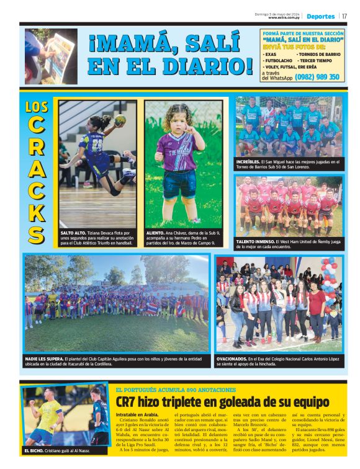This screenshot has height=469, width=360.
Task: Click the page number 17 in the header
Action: click(344, 16)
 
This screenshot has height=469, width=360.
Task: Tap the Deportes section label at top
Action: click(320, 16)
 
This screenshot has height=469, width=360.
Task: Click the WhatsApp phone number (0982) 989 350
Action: click(317, 77)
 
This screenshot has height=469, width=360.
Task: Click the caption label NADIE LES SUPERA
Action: click(43, 359)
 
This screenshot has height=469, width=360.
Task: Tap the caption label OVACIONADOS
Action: click(231, 359)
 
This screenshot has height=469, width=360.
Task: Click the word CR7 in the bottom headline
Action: click(129, 401)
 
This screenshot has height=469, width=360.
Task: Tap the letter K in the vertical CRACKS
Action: click(37, 212)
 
